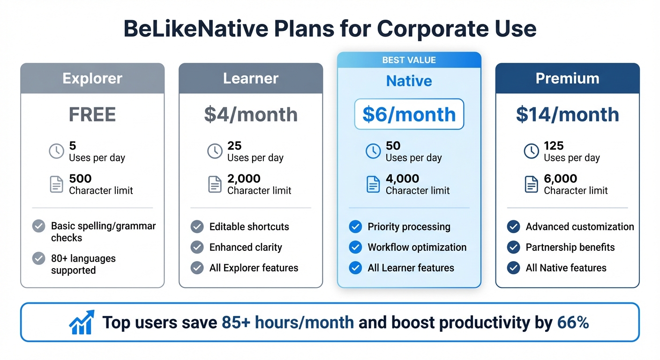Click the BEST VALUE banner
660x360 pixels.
(409, 60)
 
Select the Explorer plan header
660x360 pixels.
(92, 78)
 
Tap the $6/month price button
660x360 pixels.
(409, 114)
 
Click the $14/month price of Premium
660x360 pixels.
(567, 114)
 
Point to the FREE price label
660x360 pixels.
(92, 114)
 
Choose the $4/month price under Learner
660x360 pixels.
(251, 114)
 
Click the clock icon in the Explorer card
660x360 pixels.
(56, 151)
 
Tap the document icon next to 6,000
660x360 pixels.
(531, 184)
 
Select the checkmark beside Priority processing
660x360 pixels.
(355, 227)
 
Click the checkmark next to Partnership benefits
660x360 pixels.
(514, 247)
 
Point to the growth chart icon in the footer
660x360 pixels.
(82, 322)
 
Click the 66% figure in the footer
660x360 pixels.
(573, 322)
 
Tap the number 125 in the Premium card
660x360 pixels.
(554, 146)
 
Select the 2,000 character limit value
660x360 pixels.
(244, 179)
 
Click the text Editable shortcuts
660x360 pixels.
(249, 227)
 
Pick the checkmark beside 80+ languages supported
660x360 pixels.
(38, 258)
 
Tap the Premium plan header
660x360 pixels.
(567, 78)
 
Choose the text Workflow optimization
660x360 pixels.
(417, 247)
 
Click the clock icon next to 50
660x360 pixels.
(373, 151)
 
